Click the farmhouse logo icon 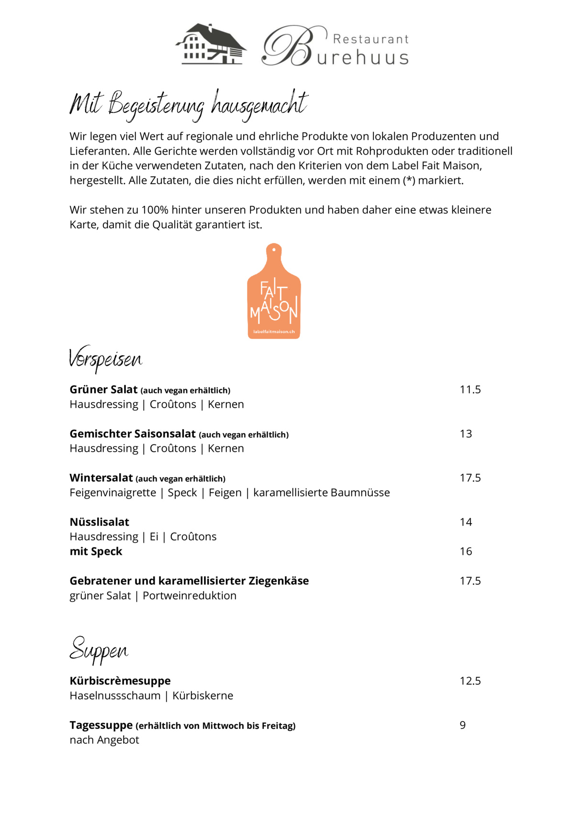211,44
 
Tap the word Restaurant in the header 371,39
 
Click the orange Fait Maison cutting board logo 274,292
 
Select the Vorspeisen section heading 106,359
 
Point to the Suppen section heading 99,650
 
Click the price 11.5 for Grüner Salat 470,390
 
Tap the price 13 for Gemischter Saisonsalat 466,434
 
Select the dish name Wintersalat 101,478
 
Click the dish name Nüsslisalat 100,522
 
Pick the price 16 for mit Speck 466,551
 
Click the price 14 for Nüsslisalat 466,522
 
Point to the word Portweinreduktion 190,595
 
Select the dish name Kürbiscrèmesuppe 120,681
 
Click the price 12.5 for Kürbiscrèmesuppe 470,681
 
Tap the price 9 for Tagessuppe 462,725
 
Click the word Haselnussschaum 115,695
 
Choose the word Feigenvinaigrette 113,492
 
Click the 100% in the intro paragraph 155,210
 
